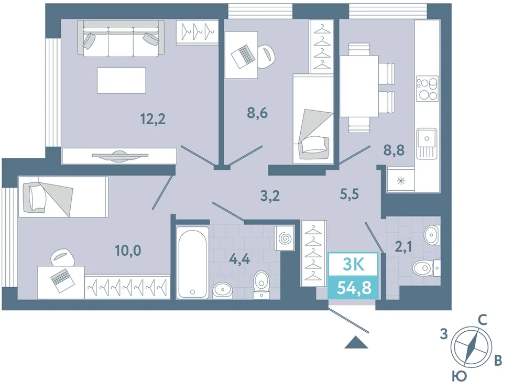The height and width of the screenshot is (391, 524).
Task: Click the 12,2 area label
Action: [x=153, y=119]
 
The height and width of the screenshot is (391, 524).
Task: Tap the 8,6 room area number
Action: [x=257, y=113]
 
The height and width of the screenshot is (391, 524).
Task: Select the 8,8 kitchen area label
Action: [x=394, y=150]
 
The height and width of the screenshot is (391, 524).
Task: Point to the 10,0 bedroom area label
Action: [x=128, y=251]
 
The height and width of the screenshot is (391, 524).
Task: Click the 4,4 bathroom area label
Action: [x=240, y=259]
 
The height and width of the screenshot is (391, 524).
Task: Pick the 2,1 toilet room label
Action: [x=403, y=247]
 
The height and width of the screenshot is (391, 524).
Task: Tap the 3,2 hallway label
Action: [x=270, y=196]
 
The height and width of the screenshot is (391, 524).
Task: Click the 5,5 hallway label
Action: [x=349, y=193]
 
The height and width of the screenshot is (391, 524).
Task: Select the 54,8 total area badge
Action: [x=354, y=288]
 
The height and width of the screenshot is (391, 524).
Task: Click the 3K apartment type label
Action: [x=354, y=265]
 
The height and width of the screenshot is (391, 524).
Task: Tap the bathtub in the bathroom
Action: [x=192, y=263]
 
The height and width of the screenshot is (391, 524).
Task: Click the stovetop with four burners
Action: [x=427, y=88]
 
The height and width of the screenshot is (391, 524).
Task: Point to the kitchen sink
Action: [x=427, y=144]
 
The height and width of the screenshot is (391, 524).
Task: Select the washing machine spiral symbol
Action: [x=285, y=238]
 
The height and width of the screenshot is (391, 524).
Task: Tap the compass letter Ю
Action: [x=459, y=377]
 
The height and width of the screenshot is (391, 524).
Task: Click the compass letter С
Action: [x=482, y=320]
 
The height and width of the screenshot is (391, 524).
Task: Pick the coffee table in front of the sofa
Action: [x=122, y=80]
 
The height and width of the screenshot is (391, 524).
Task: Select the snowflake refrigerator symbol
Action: [x=401, y=181]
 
